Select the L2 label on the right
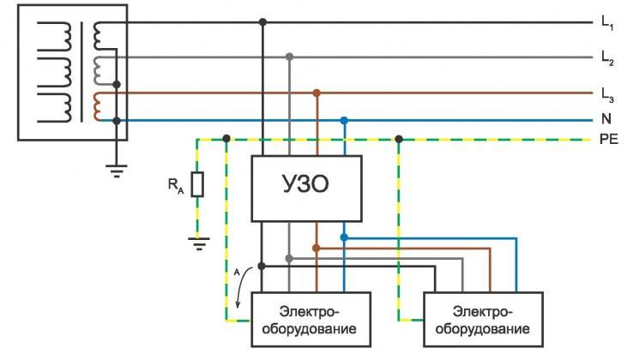[x=607, y=58]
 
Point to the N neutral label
[x=606, y=121]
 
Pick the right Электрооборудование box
[x=485, y=319]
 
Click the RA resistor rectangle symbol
[x=198, y=184]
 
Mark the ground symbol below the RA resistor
[x=198, y=243]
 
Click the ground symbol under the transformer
[x=118, y=171]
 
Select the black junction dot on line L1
[x=262, y=22]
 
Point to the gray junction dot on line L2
[x=290, y=57]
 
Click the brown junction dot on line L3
[x=317, y=92]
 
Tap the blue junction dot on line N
[x=344, y=121]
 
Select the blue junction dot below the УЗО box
[x=344, y=237]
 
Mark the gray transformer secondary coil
[x=101, y=68]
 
